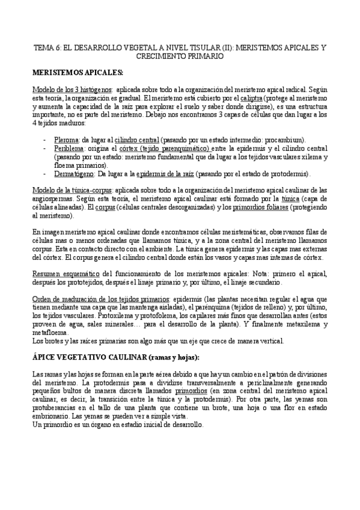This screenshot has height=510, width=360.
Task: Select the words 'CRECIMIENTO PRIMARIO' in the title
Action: [x=180, y=55]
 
